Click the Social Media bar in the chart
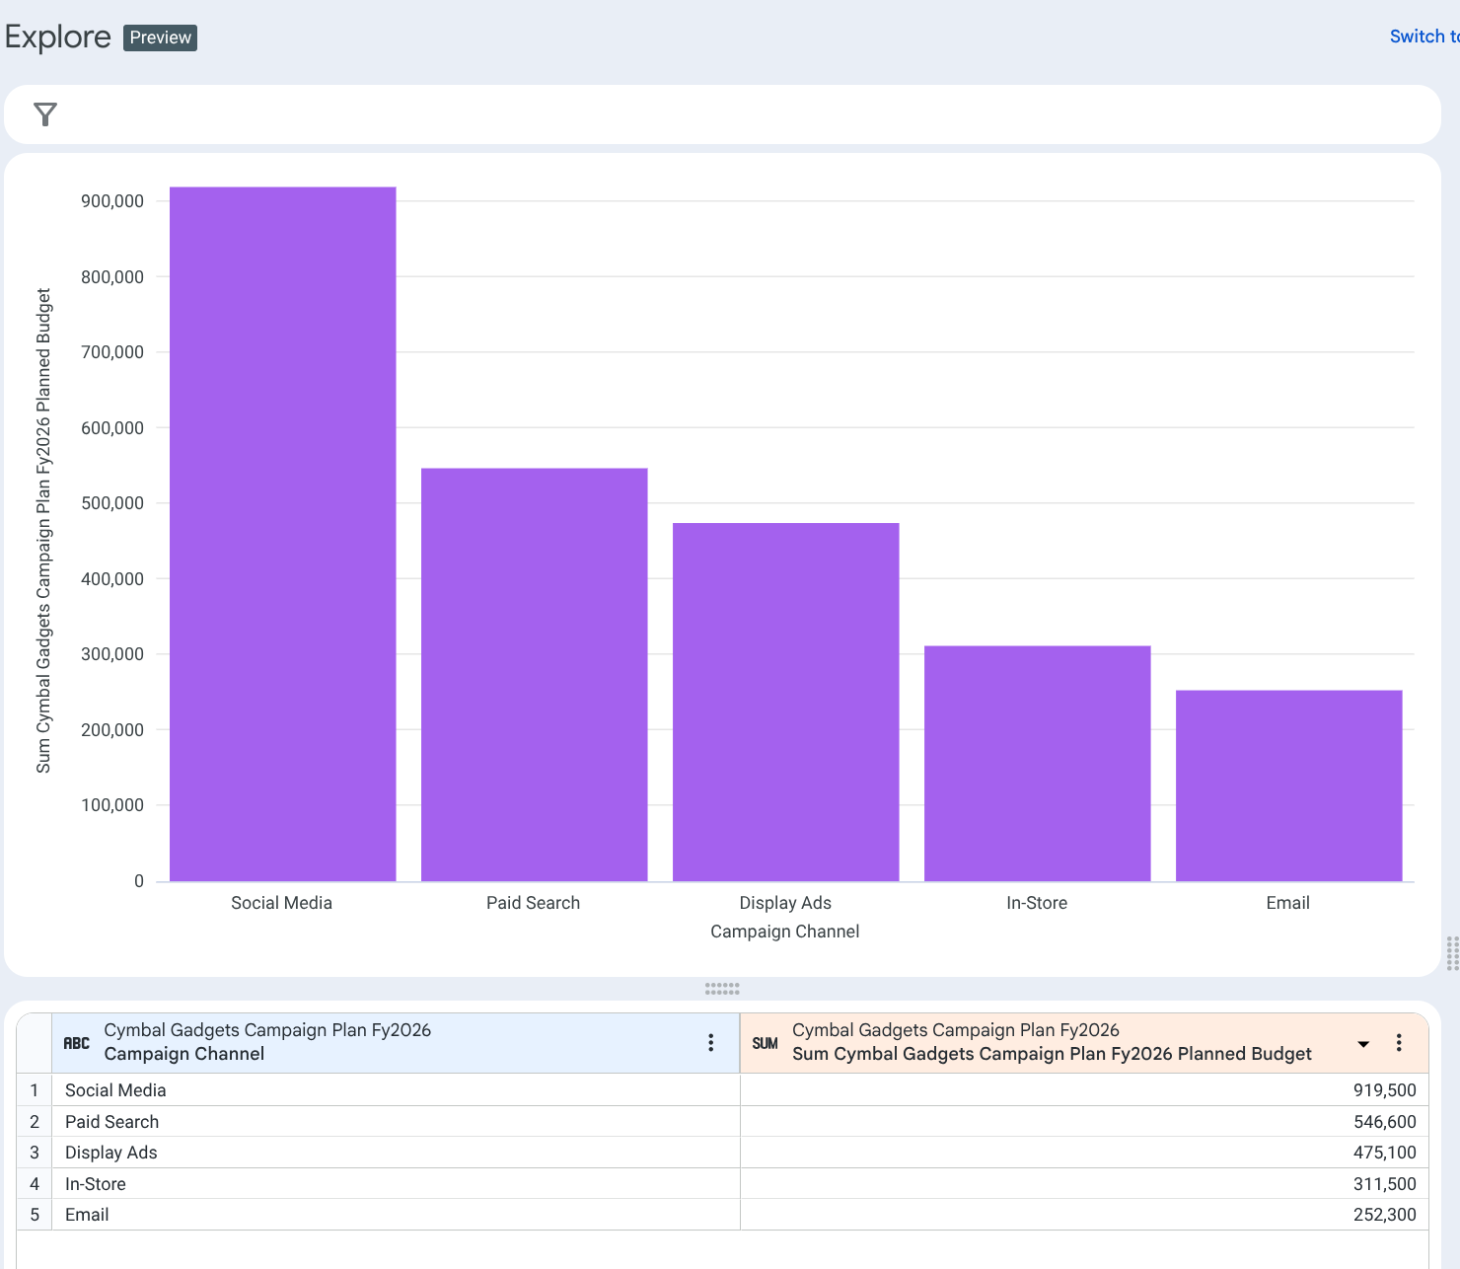[282, 533]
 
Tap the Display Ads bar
[785, 702]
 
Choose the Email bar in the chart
[1288, 785]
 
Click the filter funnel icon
[45, 114]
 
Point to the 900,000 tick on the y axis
[112, 201]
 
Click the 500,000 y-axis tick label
[112, 503]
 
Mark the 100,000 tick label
[112, 805]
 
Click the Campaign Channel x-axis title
[784, 932]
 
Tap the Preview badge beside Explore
[160, 37]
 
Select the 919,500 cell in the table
[1384, 1090]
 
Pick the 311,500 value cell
[1384, 1184]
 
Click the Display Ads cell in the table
[111, 1153]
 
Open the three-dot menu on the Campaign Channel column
[710, 1043]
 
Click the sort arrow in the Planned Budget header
[1363, 1044]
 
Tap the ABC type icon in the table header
[76, 1043]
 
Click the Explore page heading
[58, 37]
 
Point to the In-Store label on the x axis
[1036, 903]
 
